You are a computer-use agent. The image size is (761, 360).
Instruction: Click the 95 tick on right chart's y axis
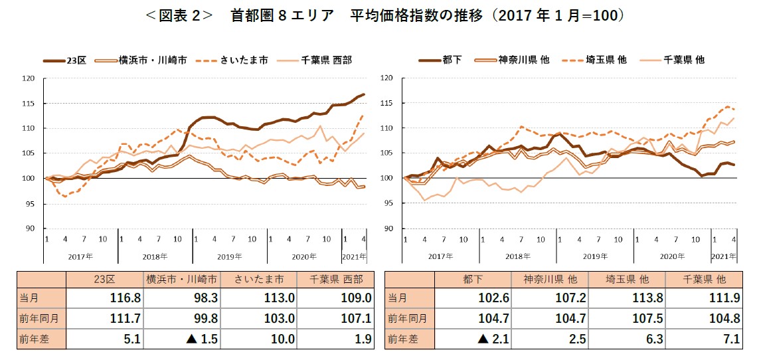point(388,203)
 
